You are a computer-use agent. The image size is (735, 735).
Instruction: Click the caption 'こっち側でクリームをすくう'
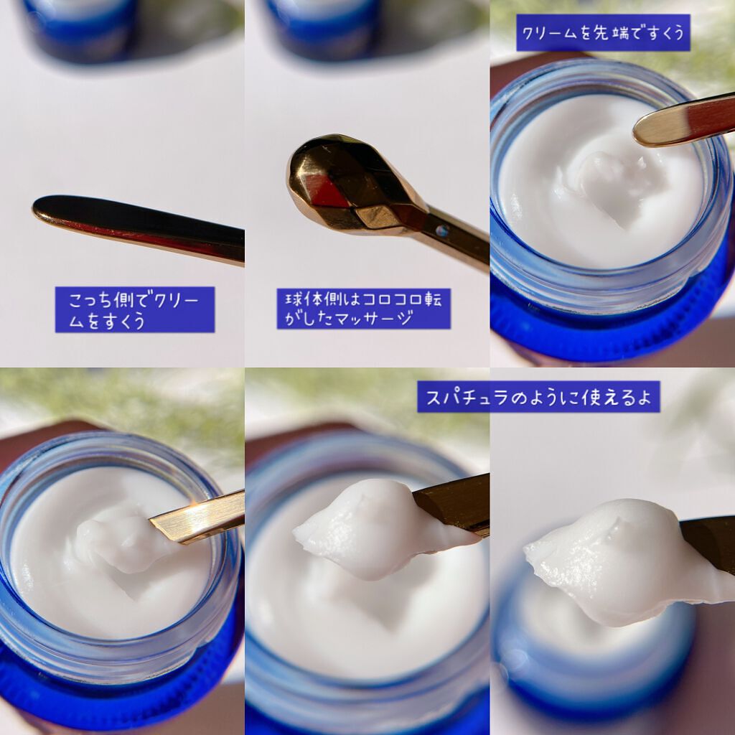click(134, 309)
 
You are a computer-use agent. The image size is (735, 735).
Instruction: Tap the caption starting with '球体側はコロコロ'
click(363, 309)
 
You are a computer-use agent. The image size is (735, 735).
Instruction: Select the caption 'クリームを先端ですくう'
click(603, 33)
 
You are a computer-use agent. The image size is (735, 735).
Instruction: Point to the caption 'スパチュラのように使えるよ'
click(538, 396)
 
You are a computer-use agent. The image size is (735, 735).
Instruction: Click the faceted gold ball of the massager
click(352, 185)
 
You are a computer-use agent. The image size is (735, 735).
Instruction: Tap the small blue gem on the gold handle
click(441, 230)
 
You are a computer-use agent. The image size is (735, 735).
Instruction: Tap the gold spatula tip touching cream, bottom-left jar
click(197, 517)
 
